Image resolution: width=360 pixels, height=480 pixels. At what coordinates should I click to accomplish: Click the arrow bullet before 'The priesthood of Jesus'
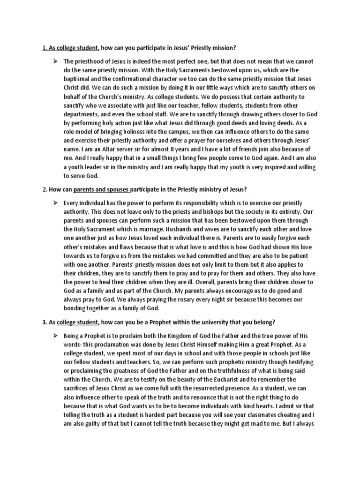[55, 61]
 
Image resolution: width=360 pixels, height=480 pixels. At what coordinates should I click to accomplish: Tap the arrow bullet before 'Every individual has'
[55, 202]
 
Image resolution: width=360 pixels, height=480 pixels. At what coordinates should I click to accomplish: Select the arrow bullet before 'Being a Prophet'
[55, 337]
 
